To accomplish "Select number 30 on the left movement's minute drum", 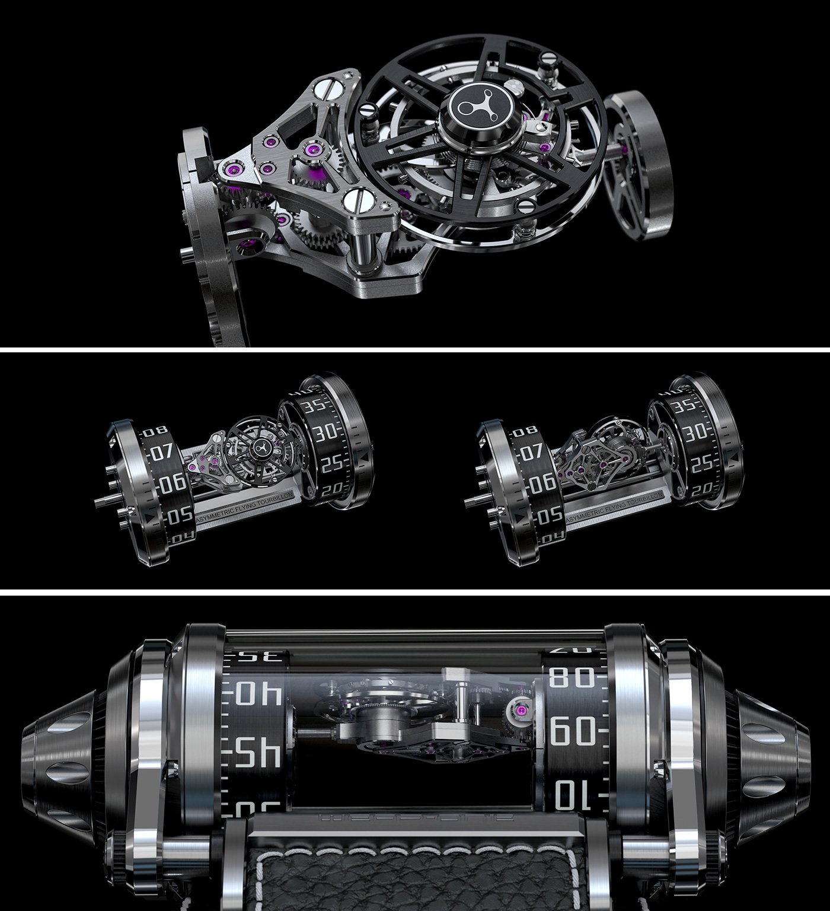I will (325, 433).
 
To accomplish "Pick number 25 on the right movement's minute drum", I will (696, 463).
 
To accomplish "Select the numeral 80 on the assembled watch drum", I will (573, 676).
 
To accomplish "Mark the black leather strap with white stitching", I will (415, 878).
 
